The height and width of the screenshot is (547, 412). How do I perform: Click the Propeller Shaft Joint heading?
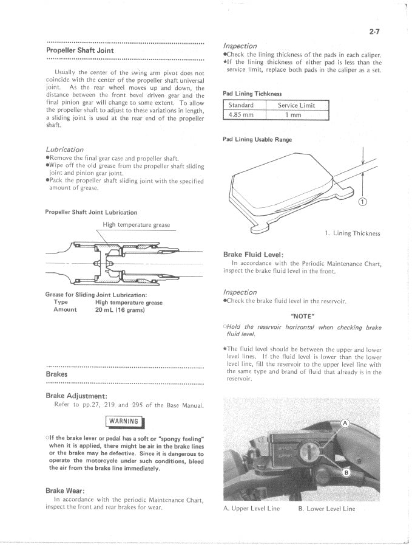(80, 50)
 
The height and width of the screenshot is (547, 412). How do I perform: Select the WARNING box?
(125, 421)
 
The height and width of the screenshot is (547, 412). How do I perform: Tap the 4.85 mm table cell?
(240, 114)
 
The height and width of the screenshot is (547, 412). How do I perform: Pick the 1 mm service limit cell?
(297, 114)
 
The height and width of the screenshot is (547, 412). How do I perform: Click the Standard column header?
(240, 105)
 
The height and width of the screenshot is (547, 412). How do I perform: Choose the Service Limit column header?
(297, 105)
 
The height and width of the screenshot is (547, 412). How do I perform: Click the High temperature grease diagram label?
(137, 225)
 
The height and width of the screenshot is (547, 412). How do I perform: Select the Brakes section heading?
(56, 374)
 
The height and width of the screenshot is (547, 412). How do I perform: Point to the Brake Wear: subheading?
(65, 490)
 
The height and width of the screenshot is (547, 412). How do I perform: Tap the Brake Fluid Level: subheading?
(254, 254)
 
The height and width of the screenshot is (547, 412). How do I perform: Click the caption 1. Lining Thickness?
(353, 233)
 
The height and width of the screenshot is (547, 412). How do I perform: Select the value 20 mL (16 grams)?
(120, 310)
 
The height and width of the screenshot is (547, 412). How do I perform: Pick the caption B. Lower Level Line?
(326, 509)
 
